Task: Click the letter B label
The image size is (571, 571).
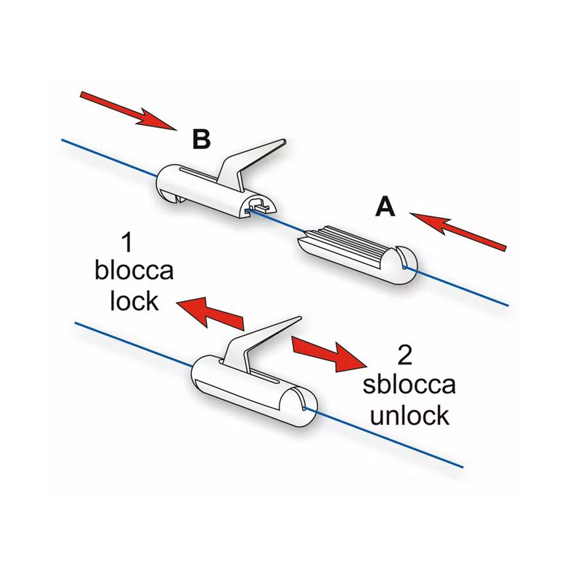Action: tap(202, 139)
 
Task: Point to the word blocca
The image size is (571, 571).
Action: tap(134, 271)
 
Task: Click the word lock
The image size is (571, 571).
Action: tap(135, 300)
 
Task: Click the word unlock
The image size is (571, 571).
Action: tap(409, 415)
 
